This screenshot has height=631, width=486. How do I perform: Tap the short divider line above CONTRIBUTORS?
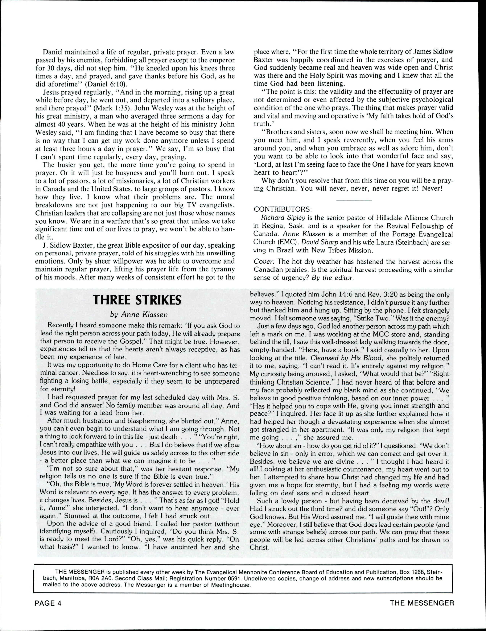354,200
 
